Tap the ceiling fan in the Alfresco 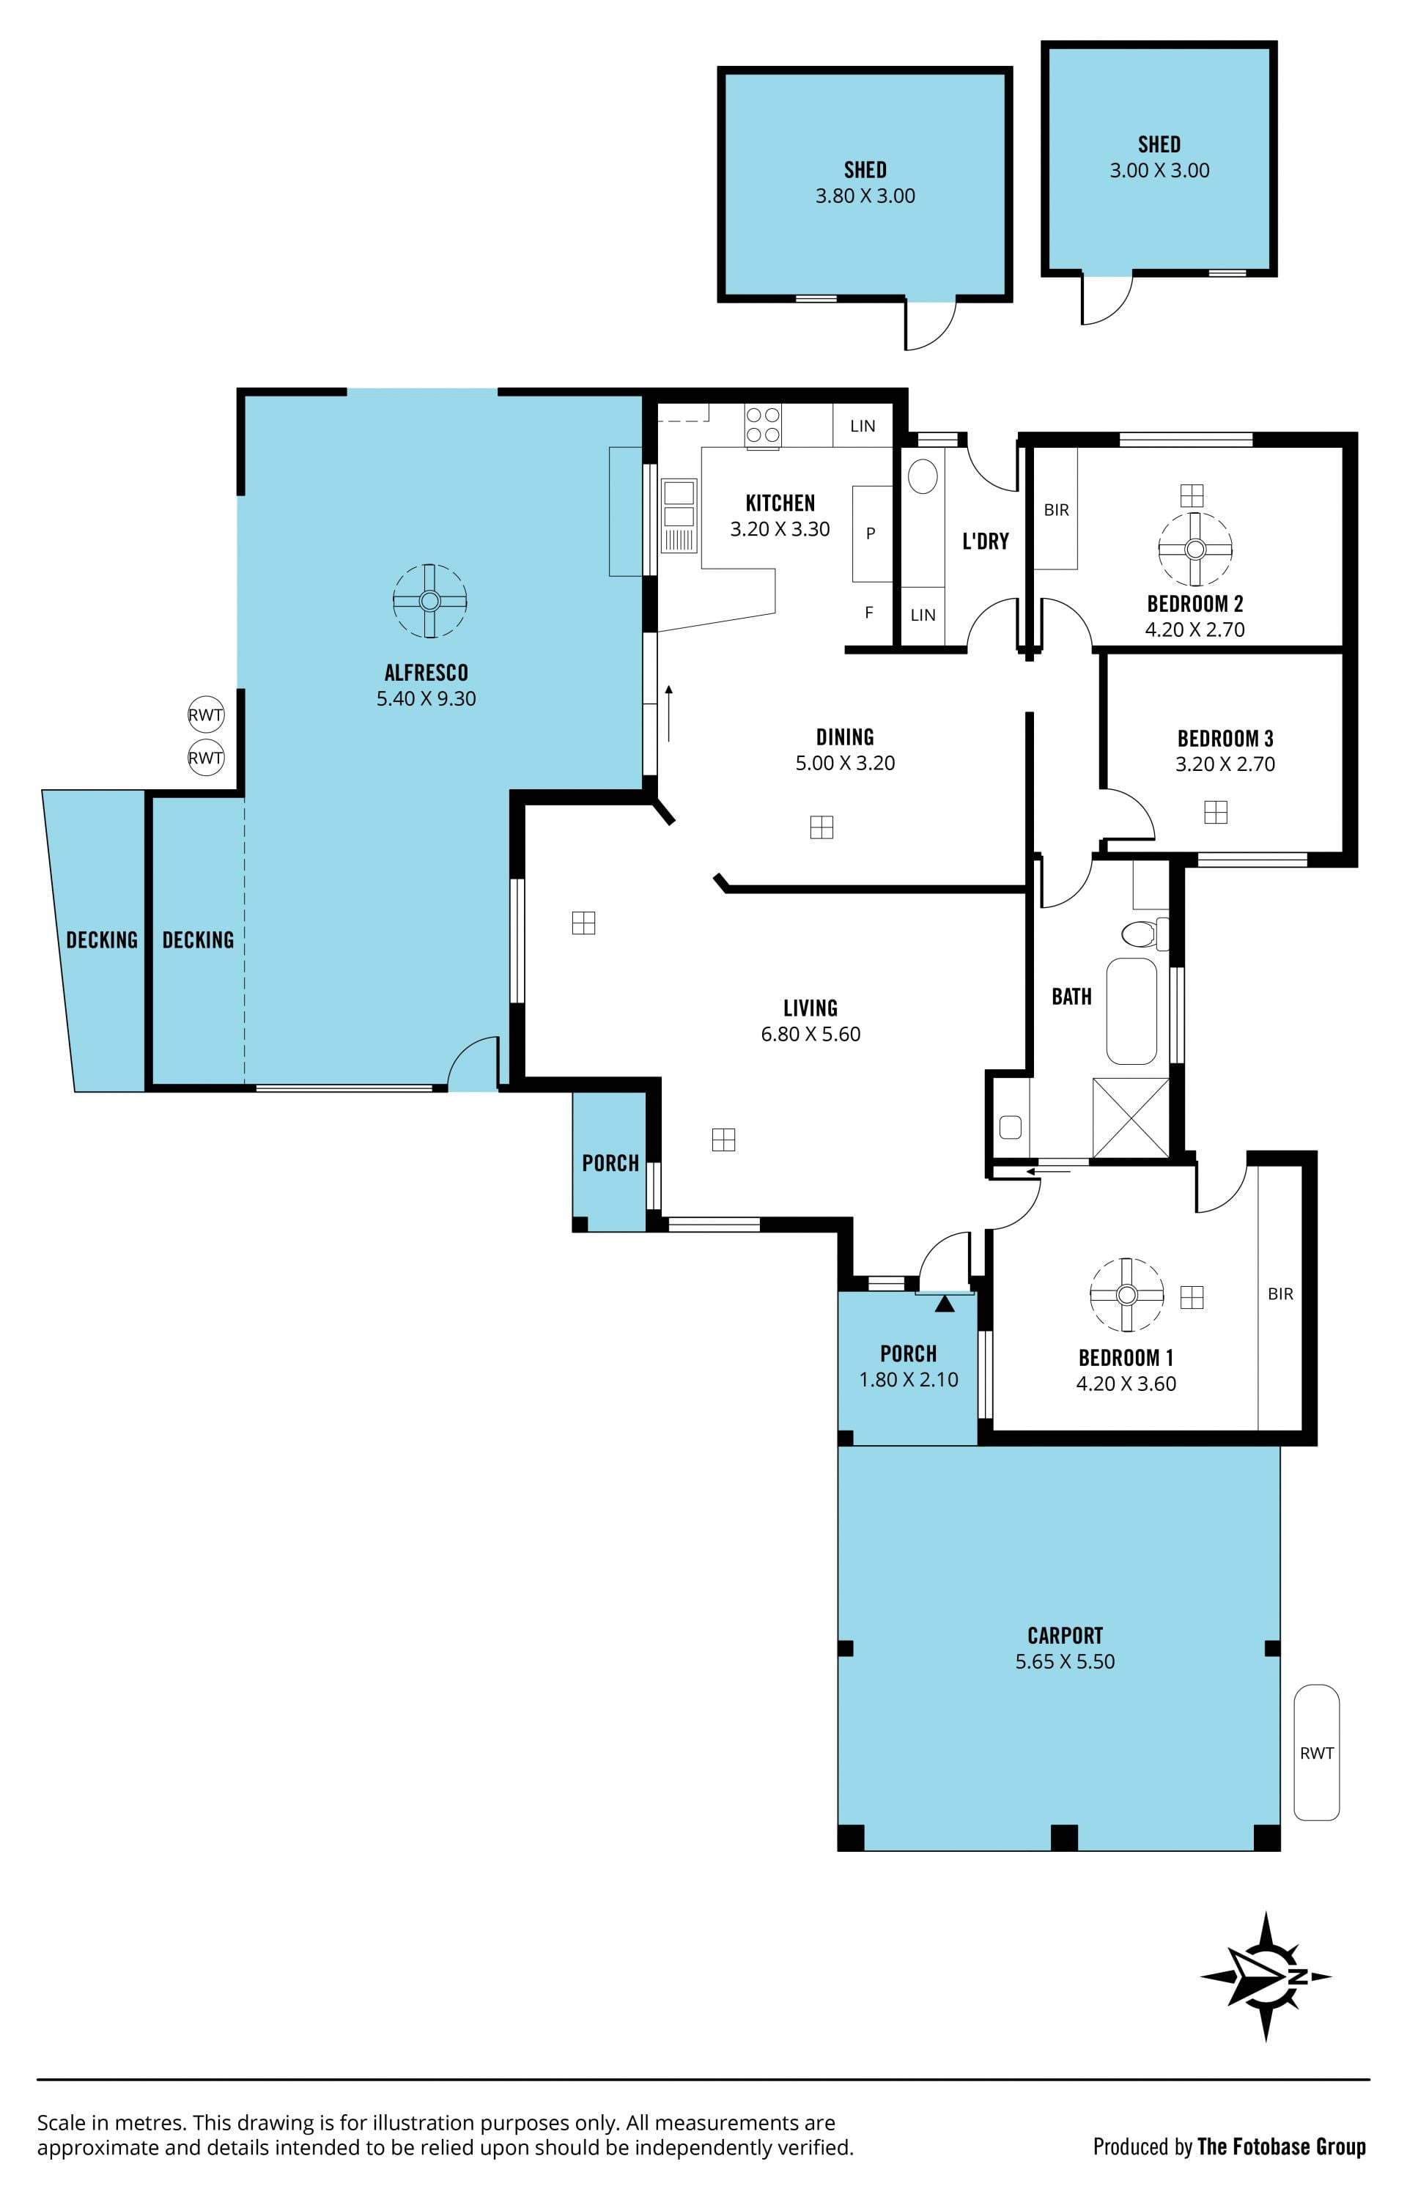coord(429,600)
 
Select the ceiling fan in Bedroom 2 coord(1195,548)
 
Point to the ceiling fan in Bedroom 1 coord(1126,1294)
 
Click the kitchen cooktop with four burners coord(763,426)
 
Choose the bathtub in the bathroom coord(1132,1011)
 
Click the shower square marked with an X coord(1131,1118)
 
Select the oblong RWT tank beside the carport coord(1317,1752)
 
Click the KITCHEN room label coord(780,503)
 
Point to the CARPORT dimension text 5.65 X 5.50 coord(1066,1662)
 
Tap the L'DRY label coord(986,542)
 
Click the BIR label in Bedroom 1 coord(1280,1293)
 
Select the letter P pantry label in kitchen coord(871,533)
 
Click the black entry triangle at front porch coord(945,1304)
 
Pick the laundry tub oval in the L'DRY coord(923,476)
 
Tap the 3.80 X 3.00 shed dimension coord(865,196)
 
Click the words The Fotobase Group coord(1282,2146)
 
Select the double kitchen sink coord(679,504)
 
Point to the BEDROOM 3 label coord(1225,738)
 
